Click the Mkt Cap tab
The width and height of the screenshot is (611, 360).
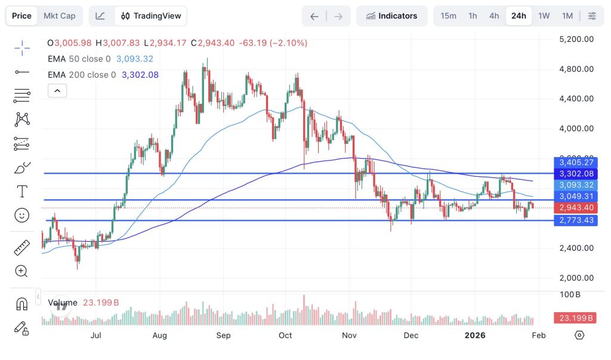(x=60, y=16)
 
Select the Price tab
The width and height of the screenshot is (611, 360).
(x=21, y=16)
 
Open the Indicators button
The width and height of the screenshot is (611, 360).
(x=392, y=16)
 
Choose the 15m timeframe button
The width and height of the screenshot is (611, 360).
(x=449, y=16)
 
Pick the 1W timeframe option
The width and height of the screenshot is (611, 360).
(x=544, y=16)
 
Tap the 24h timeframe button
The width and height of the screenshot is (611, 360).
(x=519, y=16)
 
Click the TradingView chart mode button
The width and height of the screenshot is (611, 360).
(x=151, y=16)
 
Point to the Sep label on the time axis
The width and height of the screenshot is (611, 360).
(x=223, y=336)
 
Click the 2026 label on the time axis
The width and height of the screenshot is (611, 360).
(x=476, y=336)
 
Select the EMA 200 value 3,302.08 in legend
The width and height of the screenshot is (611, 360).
(x=140, y=75)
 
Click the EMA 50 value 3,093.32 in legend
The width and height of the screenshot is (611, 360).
(x=135, y=59)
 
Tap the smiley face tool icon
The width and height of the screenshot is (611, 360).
(x=22, y=215)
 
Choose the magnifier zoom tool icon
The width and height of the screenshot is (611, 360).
(x=22, y=272)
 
